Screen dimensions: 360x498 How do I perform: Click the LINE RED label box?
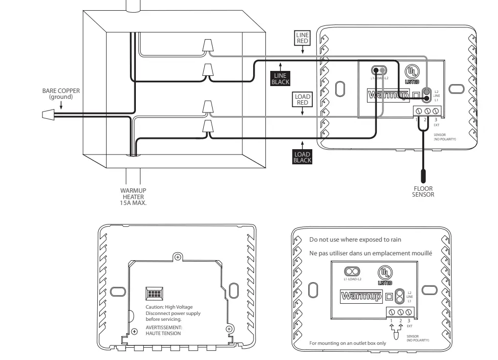pyautogui.click(x=303, y=38)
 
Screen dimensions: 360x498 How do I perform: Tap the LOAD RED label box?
pyautogui.click(x=303, y=99)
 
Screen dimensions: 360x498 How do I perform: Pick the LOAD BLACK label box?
pyautogui.click(x=303, y=157)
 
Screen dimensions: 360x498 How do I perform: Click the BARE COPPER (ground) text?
pyautogui.click(x=61, y=94)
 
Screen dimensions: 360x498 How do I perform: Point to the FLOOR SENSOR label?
pyautogui.click(x=423, y=191)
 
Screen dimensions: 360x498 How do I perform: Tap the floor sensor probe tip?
pyautogui.click(x=423, y=175)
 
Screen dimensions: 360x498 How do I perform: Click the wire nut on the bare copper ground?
pyautogui.click(x=46, y=116)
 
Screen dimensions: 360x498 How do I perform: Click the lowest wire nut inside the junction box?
pyautogui.click(x=208, y=128)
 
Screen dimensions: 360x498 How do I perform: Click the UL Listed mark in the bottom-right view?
pyautogui.click(x=385, y=276)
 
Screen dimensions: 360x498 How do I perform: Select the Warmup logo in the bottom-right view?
pyautogui.click(x=361, y=296)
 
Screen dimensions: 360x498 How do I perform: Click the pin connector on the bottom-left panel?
pyautogui.click(x=154, y=294)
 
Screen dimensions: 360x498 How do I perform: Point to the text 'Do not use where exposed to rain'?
pyautogui.click(x=358, y=240)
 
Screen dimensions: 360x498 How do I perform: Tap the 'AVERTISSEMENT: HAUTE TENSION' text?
pyautogui.click(x=164, y=330)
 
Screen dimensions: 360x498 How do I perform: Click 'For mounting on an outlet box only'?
pyautogui.click(x=347, y=343)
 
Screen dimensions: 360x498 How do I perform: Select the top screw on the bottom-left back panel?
pyautogui.click(x=177, y=257)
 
